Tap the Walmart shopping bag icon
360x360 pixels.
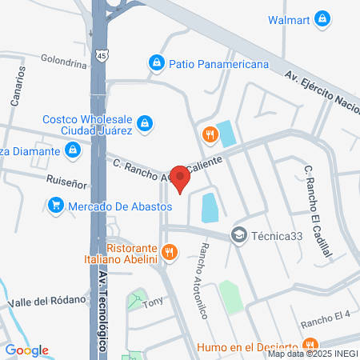pyautogui.click(x=322, y=18)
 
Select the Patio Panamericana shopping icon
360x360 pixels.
pyautogui.click(x=156, y=62)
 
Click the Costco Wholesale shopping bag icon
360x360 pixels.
pyautogui.click(x=146, y=123)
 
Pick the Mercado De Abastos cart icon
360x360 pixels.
pyautogui.click(x=55, y=206)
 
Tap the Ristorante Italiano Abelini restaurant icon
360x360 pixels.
pyautogui.click(x=169, y=253)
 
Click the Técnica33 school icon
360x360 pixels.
pyautogui.click(x=238, y=234)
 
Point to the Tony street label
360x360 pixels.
pyautogui.click(x=152, y=304)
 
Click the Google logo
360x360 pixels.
pyautogui.click(x=27, y=350)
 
